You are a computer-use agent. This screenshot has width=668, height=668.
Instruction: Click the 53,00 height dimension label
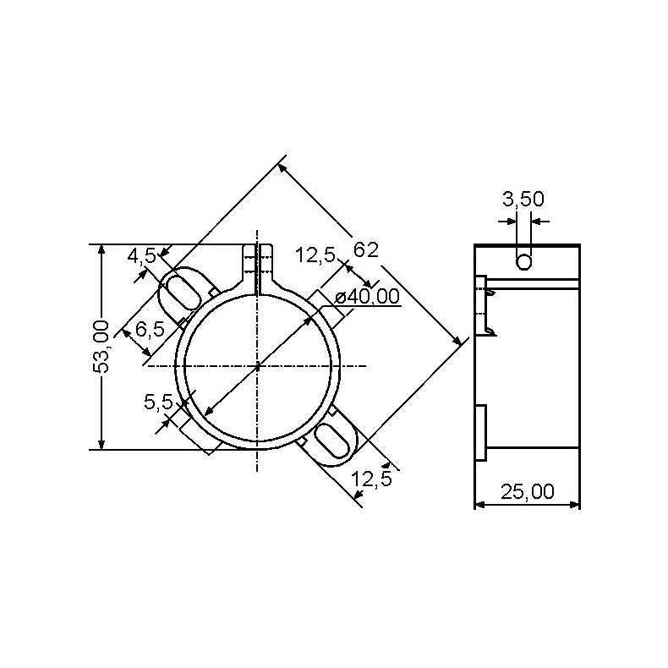coord(101,347)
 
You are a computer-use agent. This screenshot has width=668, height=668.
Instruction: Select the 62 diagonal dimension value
coord(365,249)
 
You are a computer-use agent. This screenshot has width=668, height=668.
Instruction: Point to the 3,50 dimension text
coord(523,200)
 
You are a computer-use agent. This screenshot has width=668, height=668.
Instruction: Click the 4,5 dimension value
coord(141,255)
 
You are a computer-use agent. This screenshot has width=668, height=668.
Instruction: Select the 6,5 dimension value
coord(150,328)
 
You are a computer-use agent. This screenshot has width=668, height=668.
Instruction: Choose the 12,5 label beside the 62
coord(315,255)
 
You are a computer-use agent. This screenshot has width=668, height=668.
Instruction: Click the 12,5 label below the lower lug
coord(372,479)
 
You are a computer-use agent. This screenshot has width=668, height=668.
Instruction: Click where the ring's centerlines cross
coord(256,365)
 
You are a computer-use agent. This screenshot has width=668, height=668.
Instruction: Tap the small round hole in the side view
coord(524,262)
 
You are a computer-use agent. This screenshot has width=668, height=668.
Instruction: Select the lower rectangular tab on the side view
coord(481,433)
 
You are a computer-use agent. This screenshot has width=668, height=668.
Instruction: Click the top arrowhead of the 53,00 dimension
coord(101,250)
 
